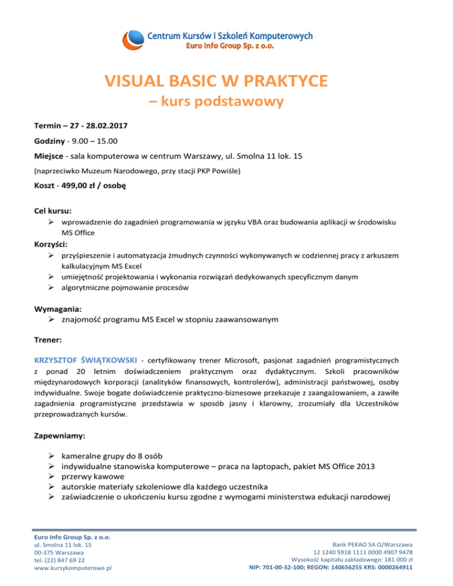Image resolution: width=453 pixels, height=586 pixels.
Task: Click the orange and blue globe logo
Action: point(134,41)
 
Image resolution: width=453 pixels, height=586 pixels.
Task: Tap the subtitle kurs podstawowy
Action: point(226,101)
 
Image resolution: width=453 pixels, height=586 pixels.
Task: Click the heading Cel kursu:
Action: point(52,210)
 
